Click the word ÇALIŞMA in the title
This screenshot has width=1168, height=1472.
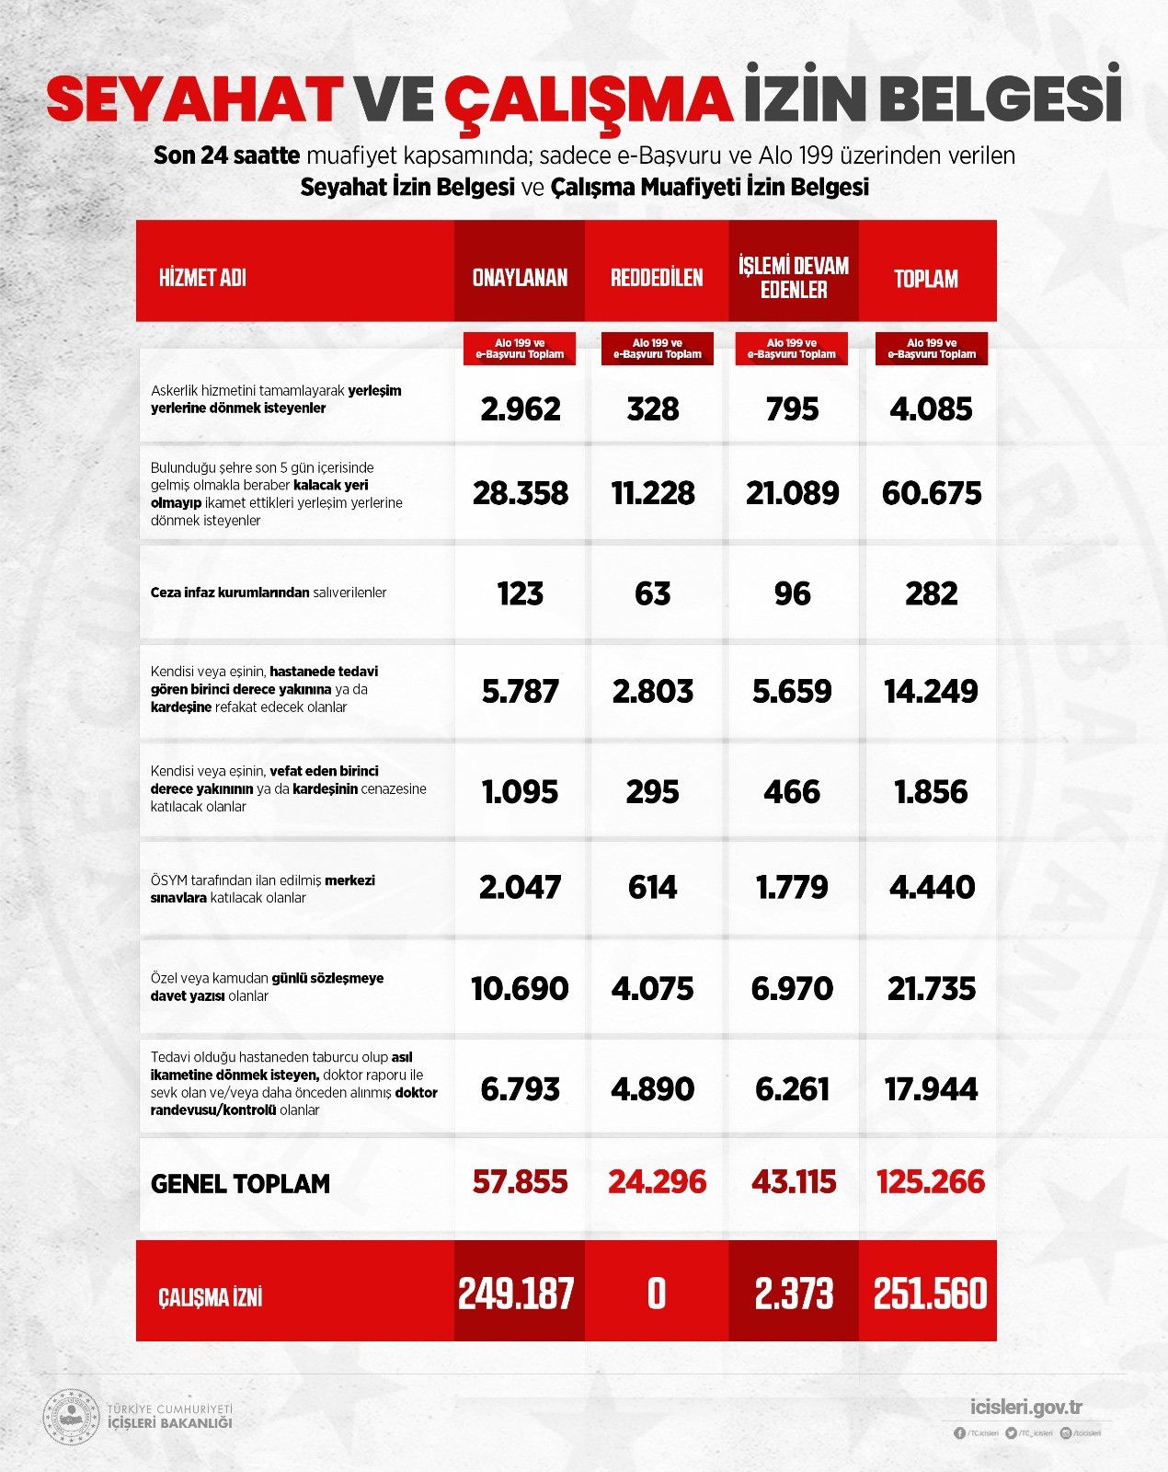[589, 99]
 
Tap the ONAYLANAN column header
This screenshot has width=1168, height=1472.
[520, 278]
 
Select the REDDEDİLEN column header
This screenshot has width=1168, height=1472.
[657, 278]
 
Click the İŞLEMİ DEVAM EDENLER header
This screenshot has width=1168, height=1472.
[794, 278]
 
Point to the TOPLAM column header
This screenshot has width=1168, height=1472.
[926, 279]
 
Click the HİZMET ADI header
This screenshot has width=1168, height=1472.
[202, 278]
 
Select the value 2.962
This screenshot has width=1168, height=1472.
[521, 408]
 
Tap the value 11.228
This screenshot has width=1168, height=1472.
[653, 493]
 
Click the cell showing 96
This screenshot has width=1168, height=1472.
[793, 593]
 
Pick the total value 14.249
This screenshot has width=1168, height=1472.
[931, 691]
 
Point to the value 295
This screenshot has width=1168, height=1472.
[653, 791]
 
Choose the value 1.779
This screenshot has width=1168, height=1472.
[792, 887]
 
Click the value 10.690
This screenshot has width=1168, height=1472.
[520, 988]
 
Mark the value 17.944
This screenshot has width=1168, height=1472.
[931, 1089]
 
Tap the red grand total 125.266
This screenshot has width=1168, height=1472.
[931, 1181]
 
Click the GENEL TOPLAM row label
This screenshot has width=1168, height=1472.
[240, 1184]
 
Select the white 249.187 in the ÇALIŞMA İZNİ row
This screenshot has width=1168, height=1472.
[517, 1294]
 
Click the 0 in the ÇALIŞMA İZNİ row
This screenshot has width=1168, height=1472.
[657, 1294]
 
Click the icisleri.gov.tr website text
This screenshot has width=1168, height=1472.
[1026, 1408]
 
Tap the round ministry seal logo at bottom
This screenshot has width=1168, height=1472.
[72, 1417]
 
